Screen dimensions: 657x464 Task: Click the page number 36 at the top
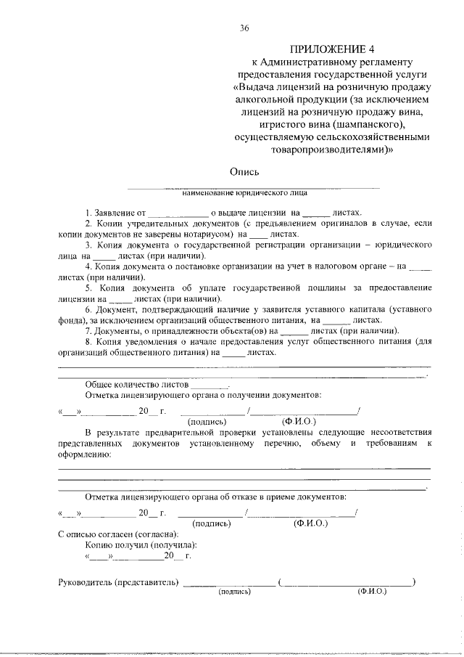[x=244, y=28]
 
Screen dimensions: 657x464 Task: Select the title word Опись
[x=244, y=172]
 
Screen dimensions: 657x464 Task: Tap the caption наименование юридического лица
[x=244, y=193]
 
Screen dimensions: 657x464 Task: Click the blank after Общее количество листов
[x=210, y=383]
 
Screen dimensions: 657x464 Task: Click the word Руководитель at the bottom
[x=86, y=581]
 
